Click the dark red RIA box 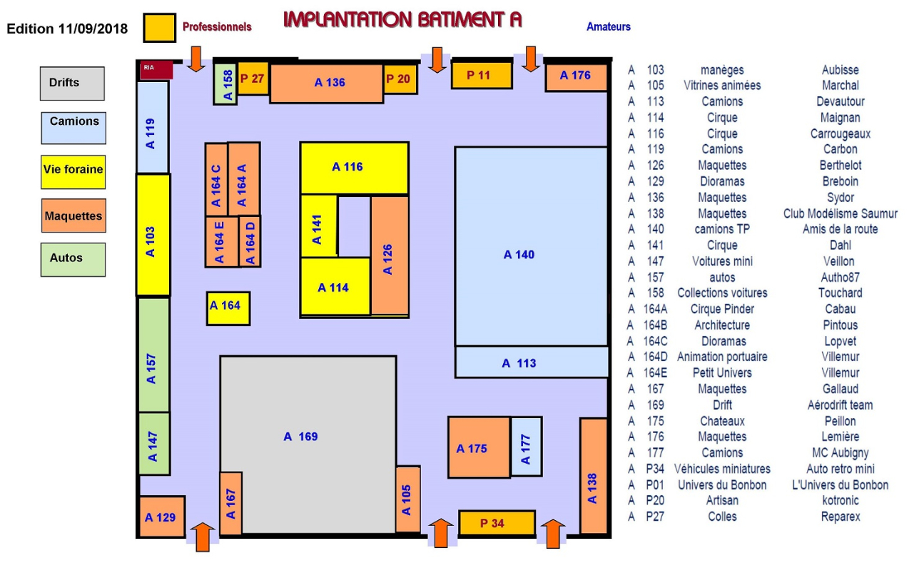click(156, 70)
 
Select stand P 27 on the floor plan click(253, 78)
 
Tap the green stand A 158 click(225, 83)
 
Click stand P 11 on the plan click(482, 75)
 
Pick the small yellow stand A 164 click(228, 308)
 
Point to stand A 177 click(527, 447)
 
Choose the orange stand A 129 click(162, 517)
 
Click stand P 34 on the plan click(497, 523)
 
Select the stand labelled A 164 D click(250, 242)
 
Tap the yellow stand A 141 click(319, 226)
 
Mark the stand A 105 click(407, 499)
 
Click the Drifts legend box click(72, 83)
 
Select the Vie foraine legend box click(73, 172)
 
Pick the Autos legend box click(73, 260)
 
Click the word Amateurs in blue click(609, 27)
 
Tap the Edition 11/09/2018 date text click(67, 29)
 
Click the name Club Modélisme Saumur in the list click(840, 213)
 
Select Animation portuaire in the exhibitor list click(722, 357)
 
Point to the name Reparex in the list click(841, 517)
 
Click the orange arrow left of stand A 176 click(530, 59)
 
